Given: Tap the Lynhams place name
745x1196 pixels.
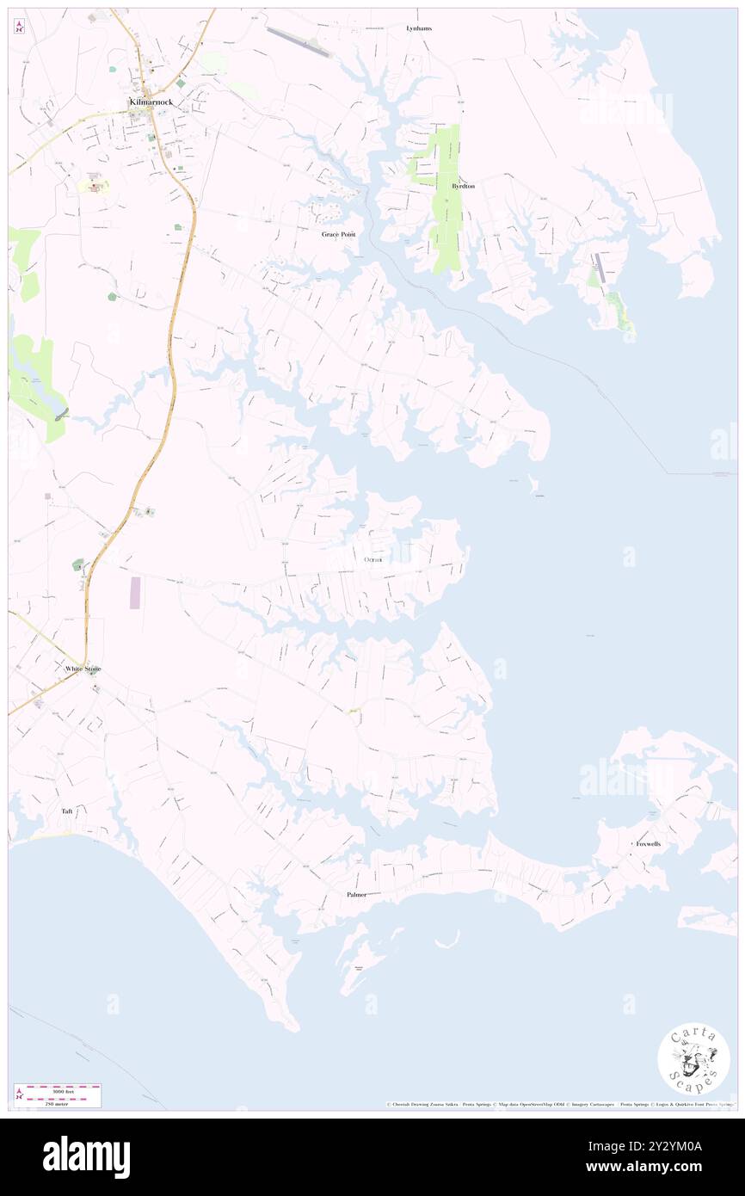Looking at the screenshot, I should (419, 28).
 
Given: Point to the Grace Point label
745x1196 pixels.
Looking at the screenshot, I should (338, 234).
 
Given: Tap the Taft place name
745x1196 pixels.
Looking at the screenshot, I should (67, 811).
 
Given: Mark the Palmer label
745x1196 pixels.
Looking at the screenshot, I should (357, 895).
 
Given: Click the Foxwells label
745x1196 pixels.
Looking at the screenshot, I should (646, 845).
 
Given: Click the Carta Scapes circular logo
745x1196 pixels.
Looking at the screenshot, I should (693, 1057).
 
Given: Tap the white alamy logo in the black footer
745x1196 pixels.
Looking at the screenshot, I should (86, 1156).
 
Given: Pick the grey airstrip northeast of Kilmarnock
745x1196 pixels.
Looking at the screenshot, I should (299, 42).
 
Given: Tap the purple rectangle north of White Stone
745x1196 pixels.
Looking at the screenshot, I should (135, 593).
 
